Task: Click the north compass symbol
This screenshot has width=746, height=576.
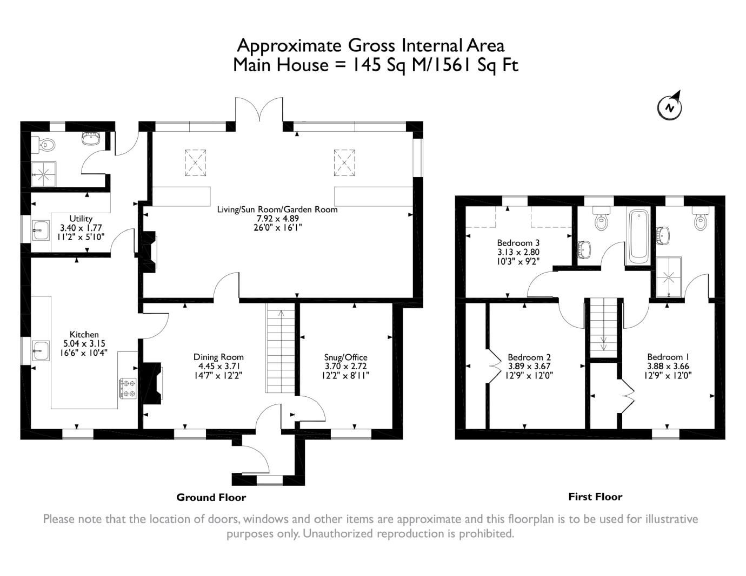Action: [669, 106]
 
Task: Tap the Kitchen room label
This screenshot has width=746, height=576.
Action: [84, 335]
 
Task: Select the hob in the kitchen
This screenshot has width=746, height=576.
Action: [128, 389]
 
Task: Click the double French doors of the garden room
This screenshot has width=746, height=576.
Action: [258, 111]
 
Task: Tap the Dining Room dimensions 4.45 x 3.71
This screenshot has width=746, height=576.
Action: [218, 367]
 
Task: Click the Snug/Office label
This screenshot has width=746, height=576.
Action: [345, 357]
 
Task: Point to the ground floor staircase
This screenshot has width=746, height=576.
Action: [280, 348]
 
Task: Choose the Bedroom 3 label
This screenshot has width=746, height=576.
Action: [518, 243]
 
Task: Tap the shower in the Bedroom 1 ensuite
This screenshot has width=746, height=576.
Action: [669, 276]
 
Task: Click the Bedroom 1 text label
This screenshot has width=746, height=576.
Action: [668, 357]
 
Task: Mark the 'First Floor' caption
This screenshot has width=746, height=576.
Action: [595, 497]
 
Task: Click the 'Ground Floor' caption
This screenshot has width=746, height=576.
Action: [211, 497]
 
